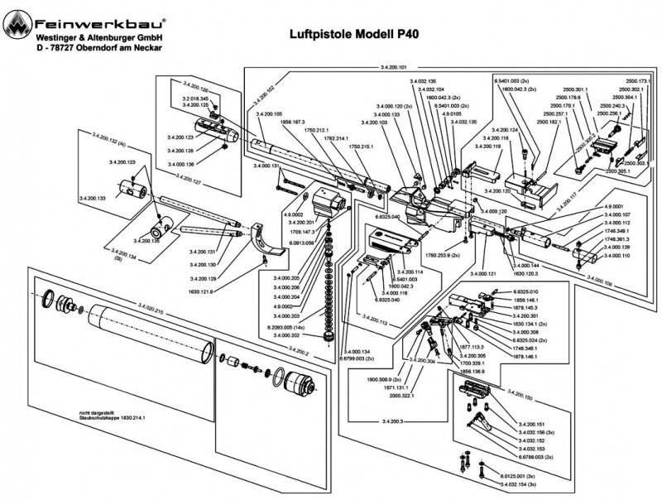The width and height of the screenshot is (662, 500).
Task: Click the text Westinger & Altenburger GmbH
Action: coord(98,38)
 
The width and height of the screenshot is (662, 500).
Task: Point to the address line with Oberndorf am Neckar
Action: coord(98,49)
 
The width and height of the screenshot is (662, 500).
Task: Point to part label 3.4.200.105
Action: coord(269,113)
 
